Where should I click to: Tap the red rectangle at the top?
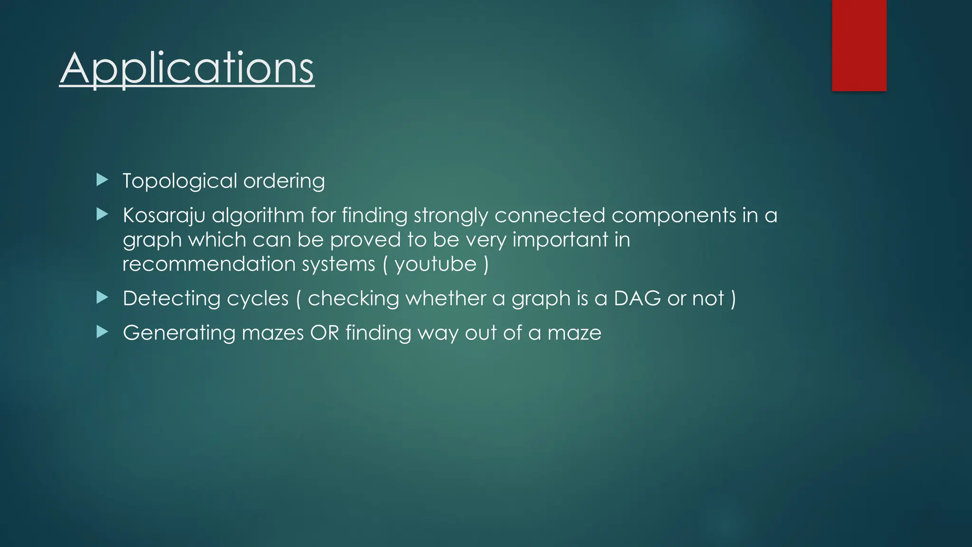(859, 45)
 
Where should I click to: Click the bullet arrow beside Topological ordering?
(102, 180)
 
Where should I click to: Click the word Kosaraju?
(164, 216)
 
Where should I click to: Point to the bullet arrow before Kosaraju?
(102, 215)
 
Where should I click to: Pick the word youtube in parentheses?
(435, 264)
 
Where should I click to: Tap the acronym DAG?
(637, 299)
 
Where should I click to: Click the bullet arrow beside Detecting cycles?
(102, 298)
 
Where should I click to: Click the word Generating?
(179, 333)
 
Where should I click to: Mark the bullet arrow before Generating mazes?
(102, 332)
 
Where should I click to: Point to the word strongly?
(450, 216)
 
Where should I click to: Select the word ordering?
(284, 181)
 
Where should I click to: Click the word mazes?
(272, 333)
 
